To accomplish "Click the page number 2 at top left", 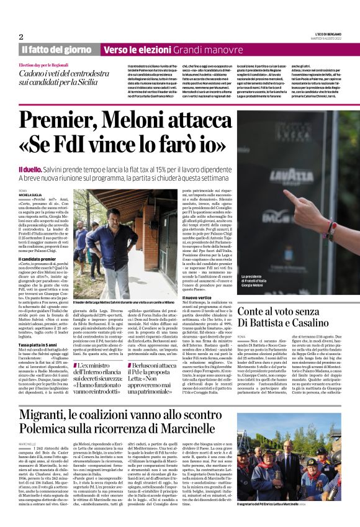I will (x=21, y=37).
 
